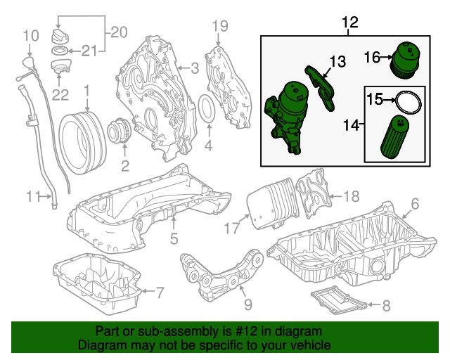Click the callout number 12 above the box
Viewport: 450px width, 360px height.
pos(349,23)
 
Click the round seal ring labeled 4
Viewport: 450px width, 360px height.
pos(209,109)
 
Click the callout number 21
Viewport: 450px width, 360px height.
pos(87,50)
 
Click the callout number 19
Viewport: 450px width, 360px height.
pos(221,27)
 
